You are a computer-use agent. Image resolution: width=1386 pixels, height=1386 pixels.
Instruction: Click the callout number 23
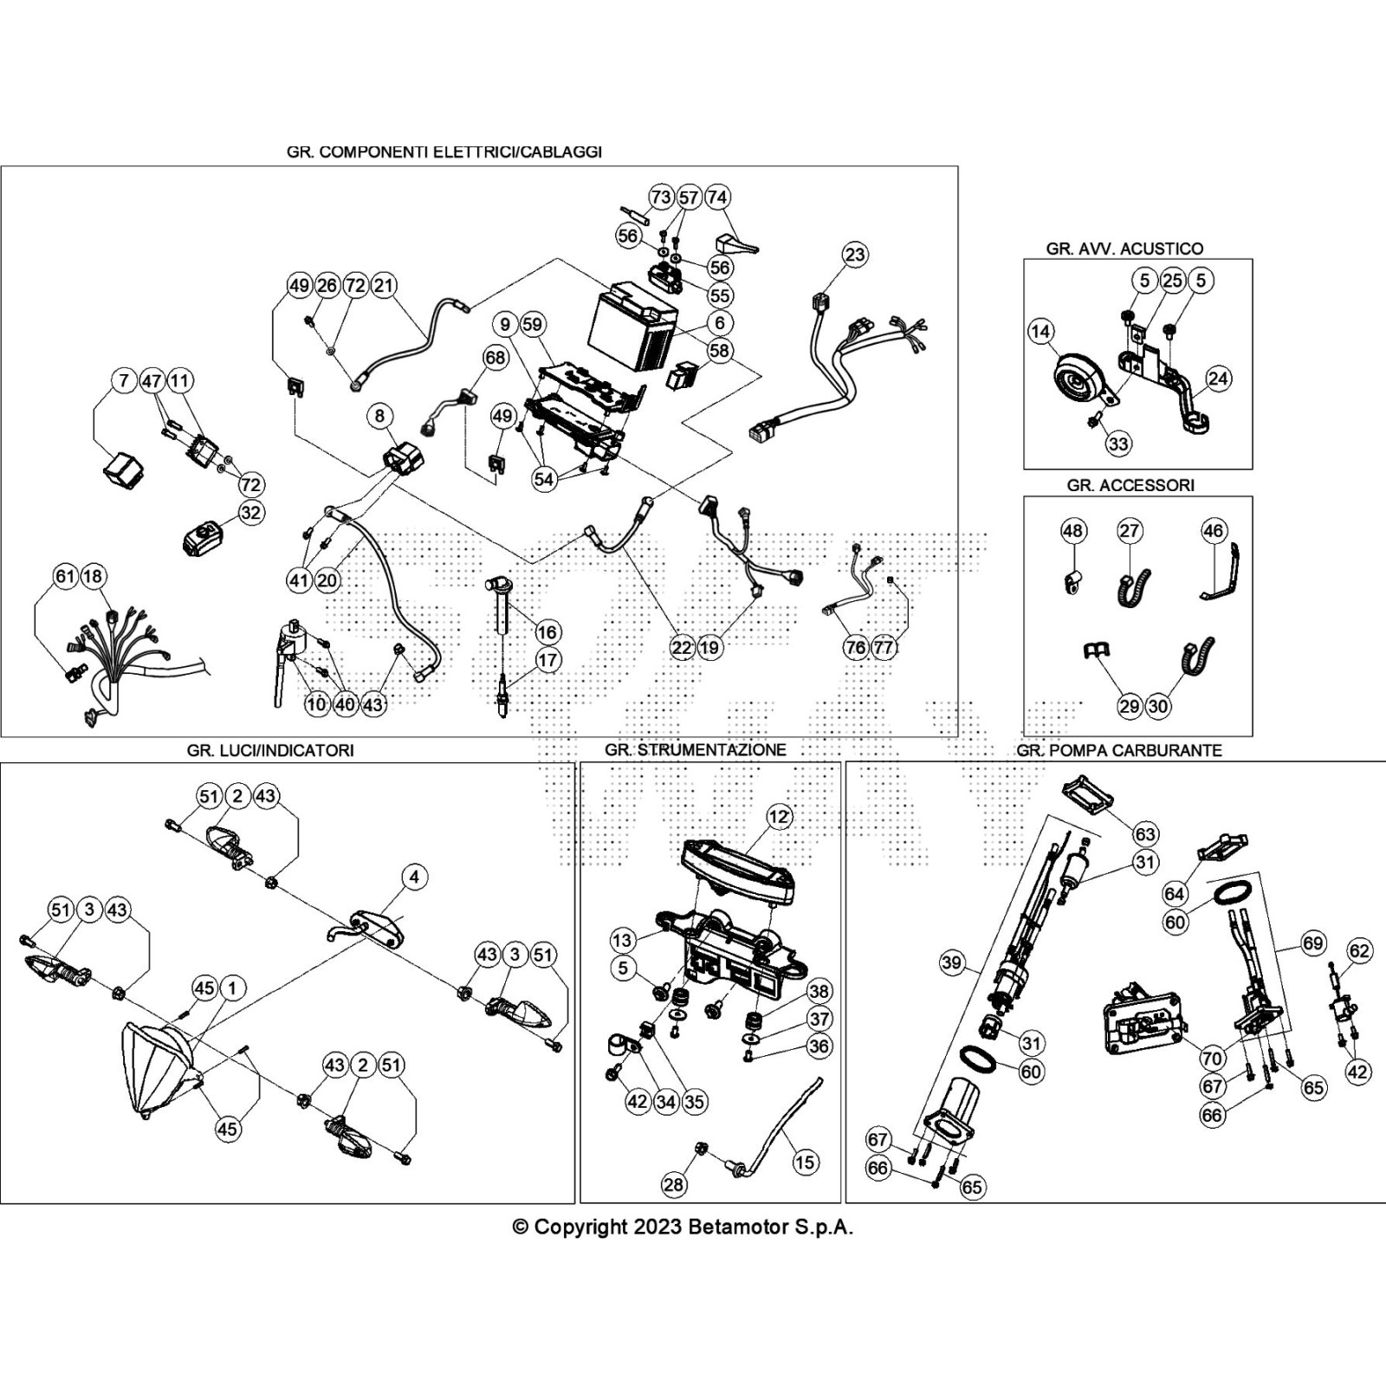pyautogui.click(x=854, y=255)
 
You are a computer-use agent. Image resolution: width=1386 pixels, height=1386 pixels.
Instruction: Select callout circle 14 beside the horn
pyautogui.click(x=1040, y=331)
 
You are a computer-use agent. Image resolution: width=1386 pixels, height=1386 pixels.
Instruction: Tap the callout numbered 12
pyautogui.click(x=779, y=816)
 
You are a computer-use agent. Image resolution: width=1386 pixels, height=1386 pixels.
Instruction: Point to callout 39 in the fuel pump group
pyautogui.click(x=951, y=962)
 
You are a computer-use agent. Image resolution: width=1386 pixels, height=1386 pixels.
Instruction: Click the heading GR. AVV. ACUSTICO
pyautogui.click(x=1124, y=249)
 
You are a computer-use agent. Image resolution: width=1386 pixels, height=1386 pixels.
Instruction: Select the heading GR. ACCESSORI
pyautogui.click(x=1130, y=485)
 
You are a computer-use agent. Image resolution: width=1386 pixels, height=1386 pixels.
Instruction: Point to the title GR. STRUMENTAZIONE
pyautogui.click(x=696, y=749)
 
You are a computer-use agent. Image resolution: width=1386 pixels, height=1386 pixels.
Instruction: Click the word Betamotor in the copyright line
pyautogui.click(x=738, y=1227)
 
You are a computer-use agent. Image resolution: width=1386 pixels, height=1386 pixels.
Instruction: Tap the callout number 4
pyautogui.click(x=414, y=877)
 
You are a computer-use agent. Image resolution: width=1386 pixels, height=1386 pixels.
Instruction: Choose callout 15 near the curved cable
pyautogui.click(x=805, y=1162)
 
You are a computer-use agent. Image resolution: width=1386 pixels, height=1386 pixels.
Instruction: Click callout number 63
pyautogui.click(x=1145, y=833)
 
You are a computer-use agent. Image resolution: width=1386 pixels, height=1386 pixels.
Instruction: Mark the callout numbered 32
pyautogui.click(x=250, y=513)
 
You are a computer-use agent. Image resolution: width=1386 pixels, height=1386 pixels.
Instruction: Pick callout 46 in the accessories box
pyautogui.click(x=1214, y=530)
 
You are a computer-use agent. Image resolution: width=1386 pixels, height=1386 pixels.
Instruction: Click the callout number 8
pyautogui.click(x=379, y=416)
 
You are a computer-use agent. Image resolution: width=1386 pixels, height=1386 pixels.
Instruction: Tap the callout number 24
pyautogui.click(x=1218, y=379)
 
